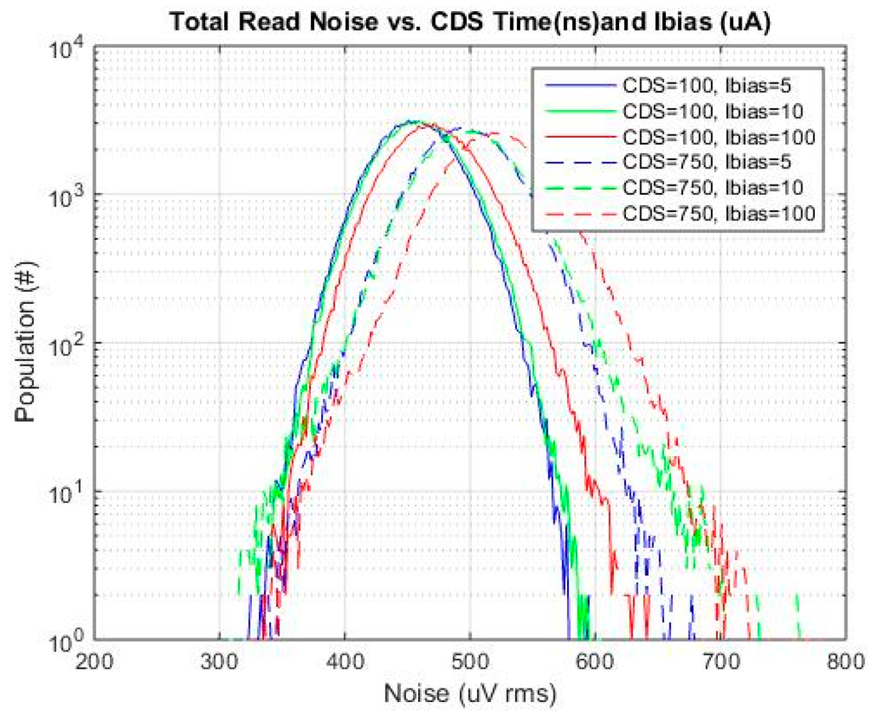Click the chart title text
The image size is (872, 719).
(471, 24)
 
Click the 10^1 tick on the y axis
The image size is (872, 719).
(68, 492)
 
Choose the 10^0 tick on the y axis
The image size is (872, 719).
(68, 639)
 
